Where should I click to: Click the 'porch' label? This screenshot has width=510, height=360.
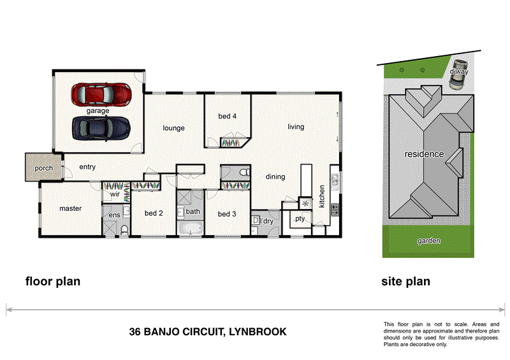tap(43, 168)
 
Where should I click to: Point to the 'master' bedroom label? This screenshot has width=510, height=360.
tap(70, 208)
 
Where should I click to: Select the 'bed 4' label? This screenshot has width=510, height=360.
tap(228, 116)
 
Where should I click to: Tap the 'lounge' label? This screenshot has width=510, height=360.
tap(173, 128)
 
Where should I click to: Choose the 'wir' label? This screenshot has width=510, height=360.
tap(115, 194)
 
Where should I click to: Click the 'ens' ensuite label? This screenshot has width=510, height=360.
tap(114, 216)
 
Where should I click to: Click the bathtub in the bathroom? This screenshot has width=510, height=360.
tap(191, 228)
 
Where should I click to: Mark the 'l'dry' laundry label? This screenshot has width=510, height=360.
tap(266, 221)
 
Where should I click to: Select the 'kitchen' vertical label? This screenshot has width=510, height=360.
tap(322, 196)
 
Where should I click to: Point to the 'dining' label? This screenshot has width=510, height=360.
tap(275, 176)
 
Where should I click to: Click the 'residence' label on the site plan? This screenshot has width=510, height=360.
tap(423, 154)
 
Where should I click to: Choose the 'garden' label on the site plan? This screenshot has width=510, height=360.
tap(428, 241)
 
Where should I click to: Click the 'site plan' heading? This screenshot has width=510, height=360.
tap(405, 281)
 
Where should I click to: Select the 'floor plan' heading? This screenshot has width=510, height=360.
tap(52, 281)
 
